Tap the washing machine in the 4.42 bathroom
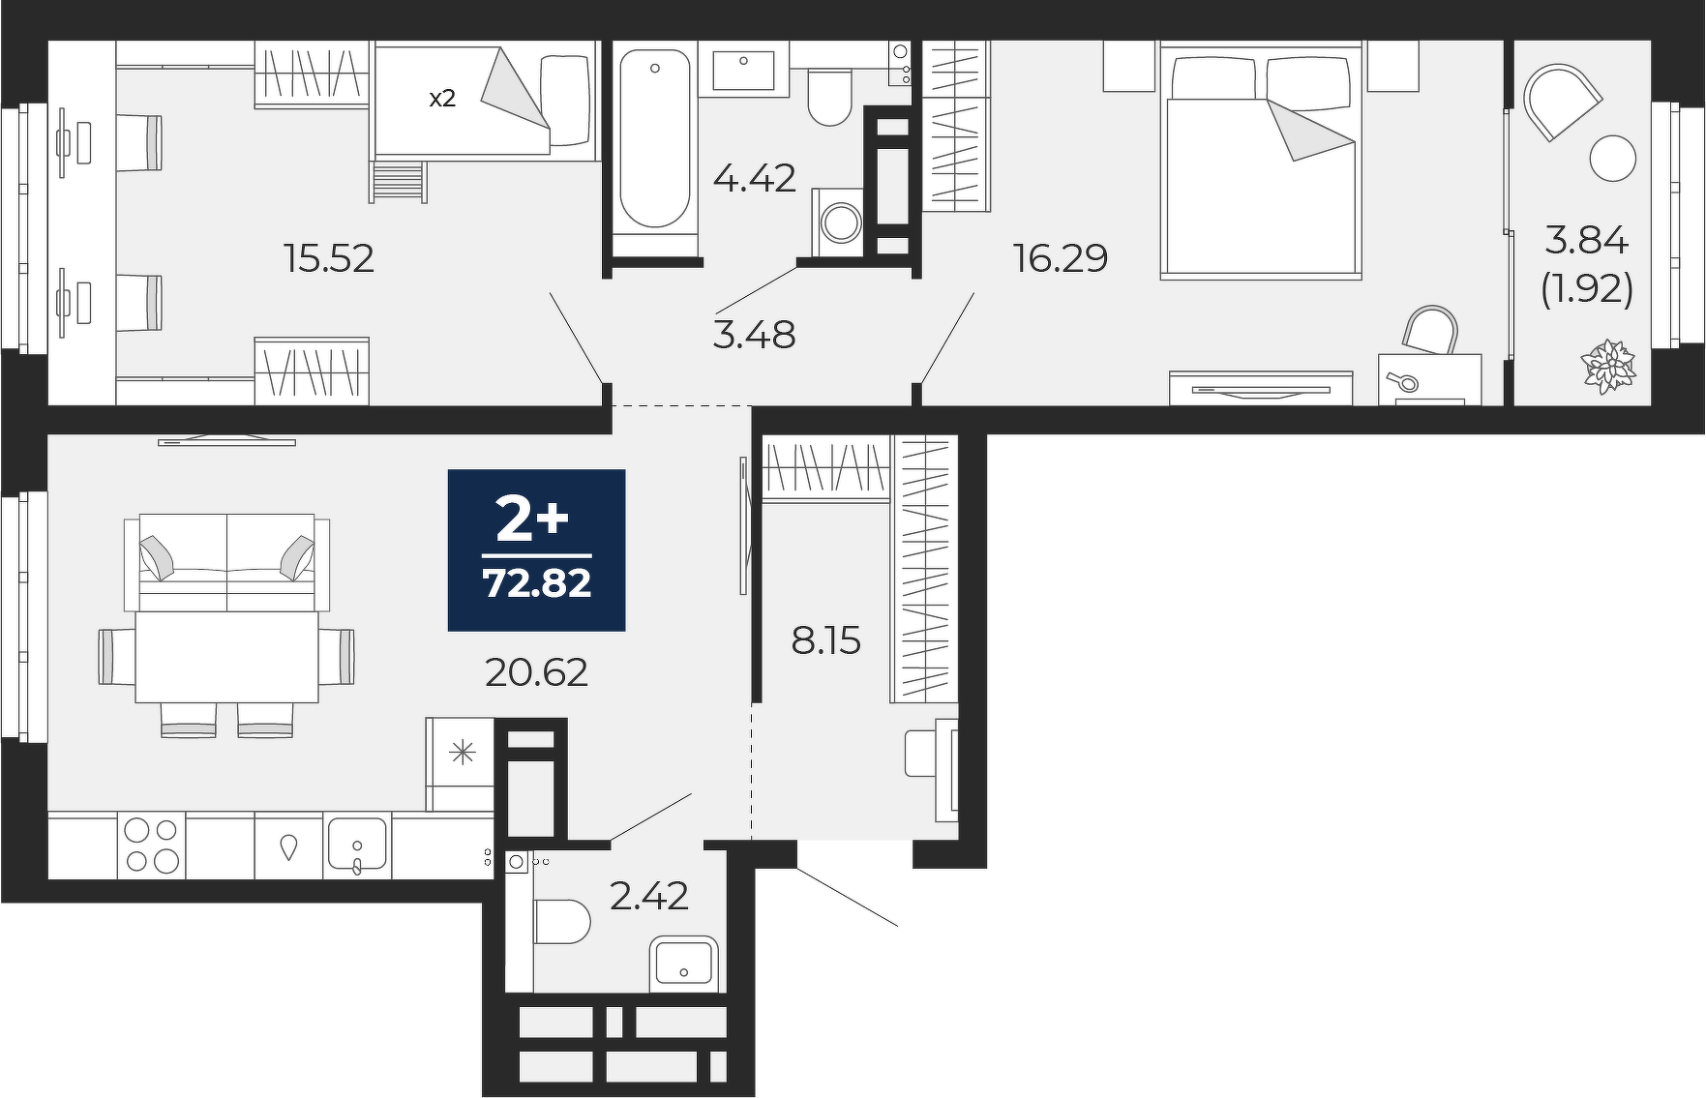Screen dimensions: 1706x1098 [838, 223]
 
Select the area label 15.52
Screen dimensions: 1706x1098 [328, 258]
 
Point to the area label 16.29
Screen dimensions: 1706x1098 [1060, 258]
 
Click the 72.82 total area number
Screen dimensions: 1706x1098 [537, 583]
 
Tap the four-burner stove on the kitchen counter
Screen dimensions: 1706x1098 [151, 846]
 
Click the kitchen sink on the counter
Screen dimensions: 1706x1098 [357, 846]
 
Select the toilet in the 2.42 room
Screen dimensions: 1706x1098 [561, 922]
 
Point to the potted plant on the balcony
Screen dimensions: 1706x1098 [1608, 367]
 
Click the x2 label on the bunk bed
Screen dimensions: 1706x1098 [442, 98]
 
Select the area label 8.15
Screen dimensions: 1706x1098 [825, 640]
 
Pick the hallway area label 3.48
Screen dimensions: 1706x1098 [754, 335]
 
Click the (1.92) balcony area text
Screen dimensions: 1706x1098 [1587, 288]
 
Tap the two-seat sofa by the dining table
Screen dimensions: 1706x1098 [227, 562]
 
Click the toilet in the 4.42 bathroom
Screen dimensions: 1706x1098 [828, 98]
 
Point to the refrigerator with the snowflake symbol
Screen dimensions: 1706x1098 [461, 764]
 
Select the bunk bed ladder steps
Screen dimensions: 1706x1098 [398, 181]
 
